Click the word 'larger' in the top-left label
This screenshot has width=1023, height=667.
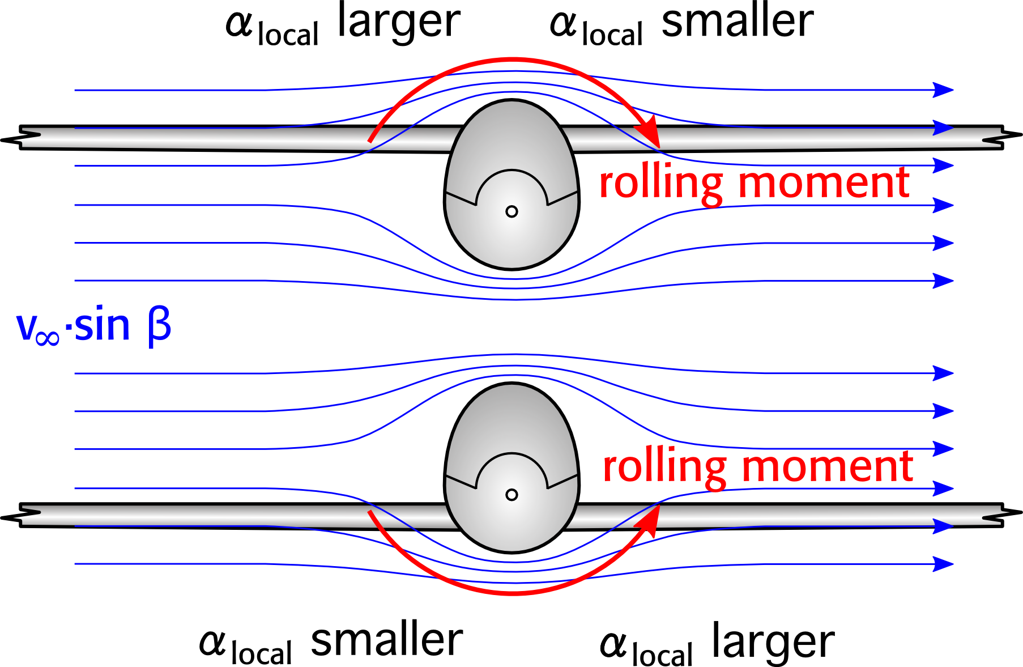click(x=398, y=23)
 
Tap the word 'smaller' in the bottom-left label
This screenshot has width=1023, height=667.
click(x=387, y=640)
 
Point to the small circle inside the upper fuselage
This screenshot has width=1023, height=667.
click(x=511, y=211)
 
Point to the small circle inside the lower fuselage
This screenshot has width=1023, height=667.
click(x=511, y=495)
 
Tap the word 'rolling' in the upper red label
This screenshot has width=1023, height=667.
click(x=660, y=184)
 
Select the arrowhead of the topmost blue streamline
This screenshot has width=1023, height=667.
click(x=943, y=90)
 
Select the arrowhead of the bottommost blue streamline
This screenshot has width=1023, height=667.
click(x=943, y=564)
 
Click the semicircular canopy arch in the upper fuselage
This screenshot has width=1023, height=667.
click(x=511, y=172)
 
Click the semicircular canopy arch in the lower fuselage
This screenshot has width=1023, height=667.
click(x=511, y=455)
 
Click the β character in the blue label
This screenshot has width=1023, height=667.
click(x=159, y=326)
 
